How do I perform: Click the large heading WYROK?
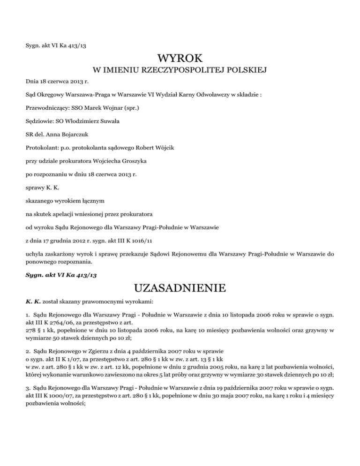click(x=180, y=59)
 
